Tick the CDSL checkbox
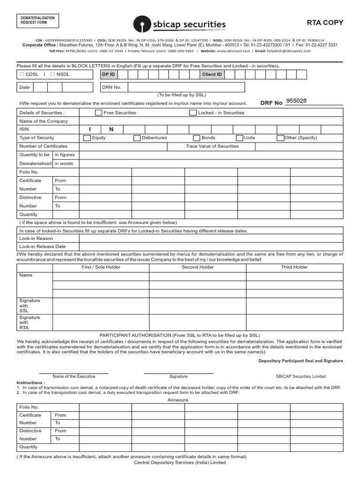point(22,74)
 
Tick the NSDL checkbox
point(53,74)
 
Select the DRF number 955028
point(296,101)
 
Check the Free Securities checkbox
point(98,112)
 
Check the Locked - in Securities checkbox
point(193,112)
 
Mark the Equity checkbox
point(87,138)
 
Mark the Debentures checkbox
point(137,138)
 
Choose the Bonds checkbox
point(196,138)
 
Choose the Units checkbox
point(240,138)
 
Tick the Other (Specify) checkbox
point(280,138)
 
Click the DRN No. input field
point(186,87)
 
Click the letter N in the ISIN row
point(112,129)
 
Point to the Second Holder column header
point(197,267)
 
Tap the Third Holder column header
point(294,267)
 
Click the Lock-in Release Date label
point(42,247)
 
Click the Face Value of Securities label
point(212,146)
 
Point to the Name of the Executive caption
point(74,376)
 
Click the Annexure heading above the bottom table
point(178,400)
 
